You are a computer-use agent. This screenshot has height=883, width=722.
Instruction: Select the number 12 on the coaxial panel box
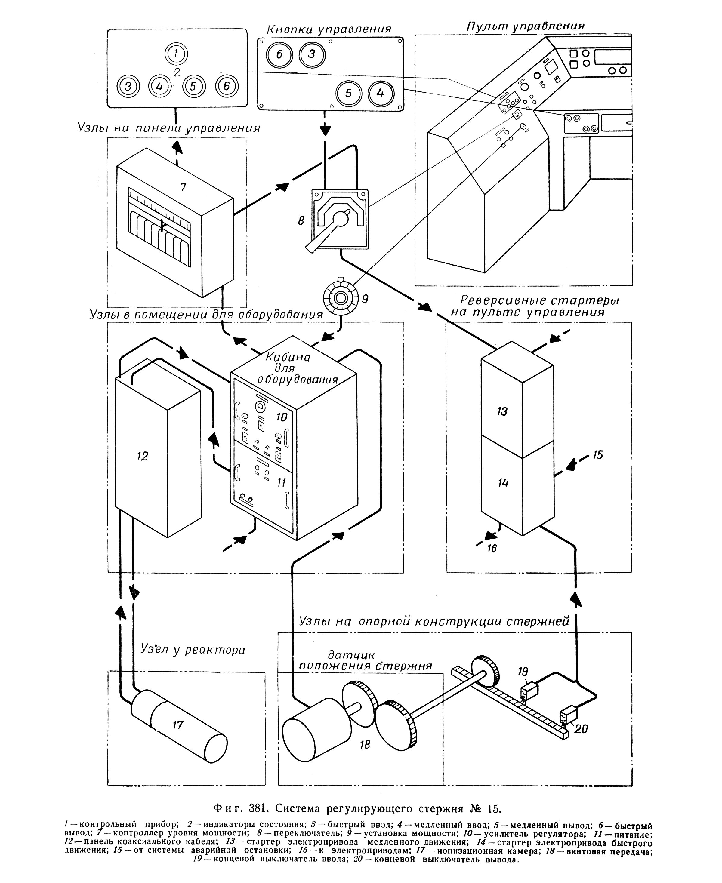pos(142,457)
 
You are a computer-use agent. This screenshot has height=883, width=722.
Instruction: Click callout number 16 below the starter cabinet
pos(492,549)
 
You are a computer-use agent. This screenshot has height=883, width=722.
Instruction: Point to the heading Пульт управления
pos(525,26)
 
